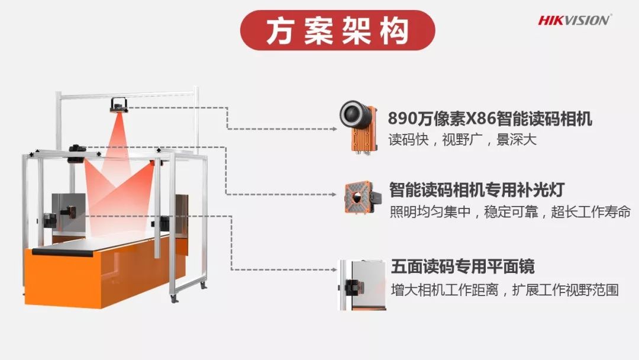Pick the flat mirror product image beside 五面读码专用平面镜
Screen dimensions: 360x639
coord(362,285)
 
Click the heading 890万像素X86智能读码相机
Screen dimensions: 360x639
coord(490,119)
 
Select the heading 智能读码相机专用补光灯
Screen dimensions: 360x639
coord(477,190)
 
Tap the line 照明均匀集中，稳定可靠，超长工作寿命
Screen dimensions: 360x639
coord(509,211)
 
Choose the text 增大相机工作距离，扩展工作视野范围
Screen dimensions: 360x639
coord(504,290)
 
